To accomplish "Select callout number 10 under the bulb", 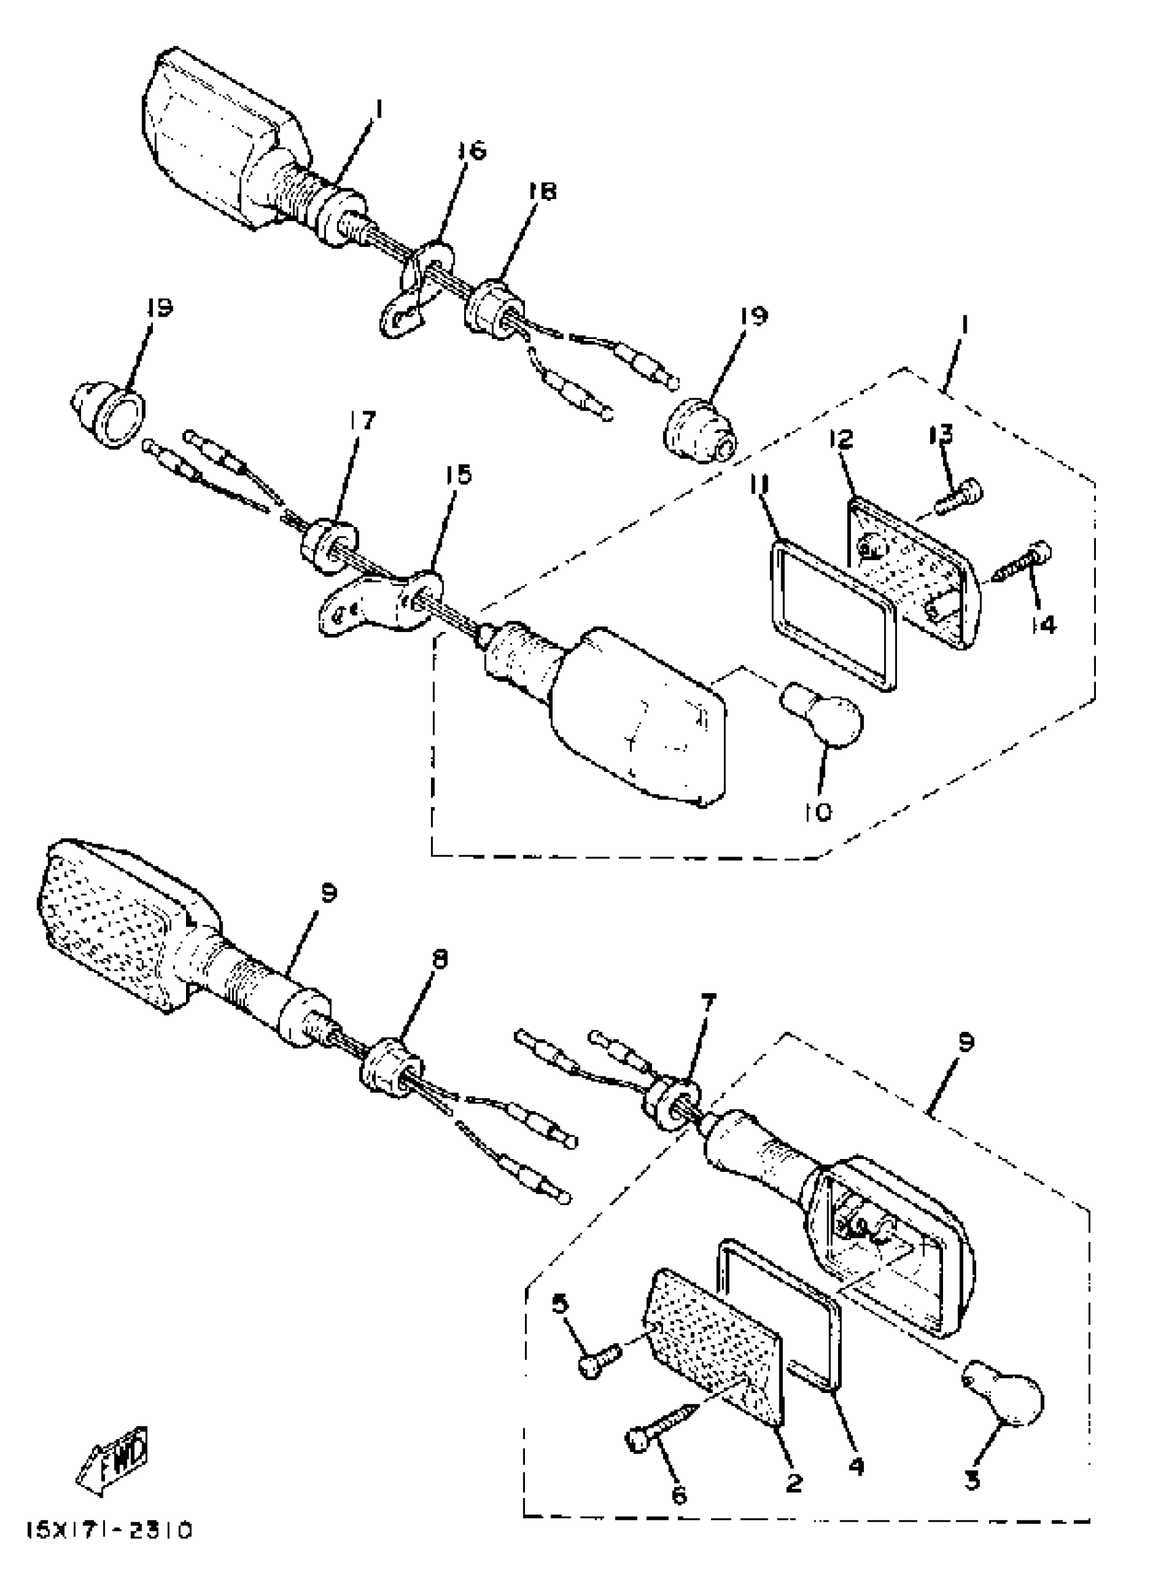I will (x=818, y=811).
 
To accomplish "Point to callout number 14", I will (x=1043, y=624).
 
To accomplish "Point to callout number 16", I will (x=471, y=152).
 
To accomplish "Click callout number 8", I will (x=440, y=959).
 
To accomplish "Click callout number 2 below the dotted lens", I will (x=793, y=1482).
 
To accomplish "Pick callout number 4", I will (x=856, y=1465).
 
